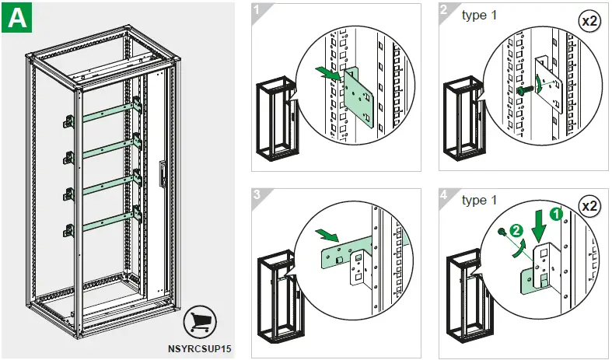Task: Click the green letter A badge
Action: pyautogui.click(x=17, y=18)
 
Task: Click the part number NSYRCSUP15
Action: pyautogui.click(x=200, y=349)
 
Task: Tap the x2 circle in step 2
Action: pyautogui.click(x=589, y=21)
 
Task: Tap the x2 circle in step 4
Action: pyautogui.click(x=589, y=207)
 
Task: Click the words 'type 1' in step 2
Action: pyautogui.click(x=480, y=15)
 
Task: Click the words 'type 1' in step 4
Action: pyautogui.click(x=480, y=201)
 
